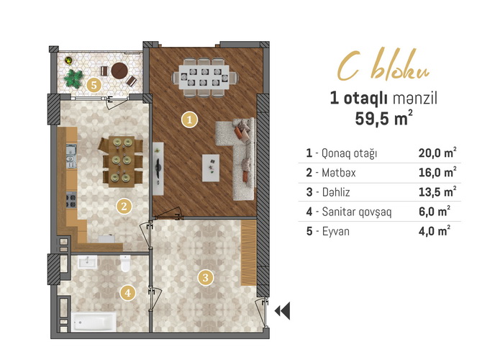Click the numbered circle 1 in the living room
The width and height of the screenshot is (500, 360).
click(189, 120)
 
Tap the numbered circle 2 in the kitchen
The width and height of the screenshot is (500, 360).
click(124, 206)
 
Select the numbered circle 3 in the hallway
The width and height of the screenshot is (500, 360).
click(205, 277)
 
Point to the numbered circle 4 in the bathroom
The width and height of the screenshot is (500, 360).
click(128, 292)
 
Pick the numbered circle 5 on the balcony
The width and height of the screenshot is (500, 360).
click(94, 85)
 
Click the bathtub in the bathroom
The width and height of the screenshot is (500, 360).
click(94, 322)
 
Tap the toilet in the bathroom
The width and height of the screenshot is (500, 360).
click(125, 264)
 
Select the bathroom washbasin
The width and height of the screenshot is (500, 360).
click(87, 262)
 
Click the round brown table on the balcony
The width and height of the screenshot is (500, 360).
click(119, 71)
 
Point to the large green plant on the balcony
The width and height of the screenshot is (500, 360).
click(73, 78)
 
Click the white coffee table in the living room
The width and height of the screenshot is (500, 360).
click(211, 168)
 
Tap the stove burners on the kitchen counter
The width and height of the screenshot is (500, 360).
click(71, 200)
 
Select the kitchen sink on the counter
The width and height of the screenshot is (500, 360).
click(71, 156)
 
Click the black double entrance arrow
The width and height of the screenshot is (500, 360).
click(283, 310)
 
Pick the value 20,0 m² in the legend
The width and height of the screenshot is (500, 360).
click(437, 153)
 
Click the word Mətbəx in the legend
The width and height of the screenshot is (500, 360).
click(339, 173)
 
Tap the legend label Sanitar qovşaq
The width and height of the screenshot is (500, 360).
click(357, 212)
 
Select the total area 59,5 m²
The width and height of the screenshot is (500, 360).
click(383, 118)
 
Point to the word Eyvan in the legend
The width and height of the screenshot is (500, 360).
click(336, 231)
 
